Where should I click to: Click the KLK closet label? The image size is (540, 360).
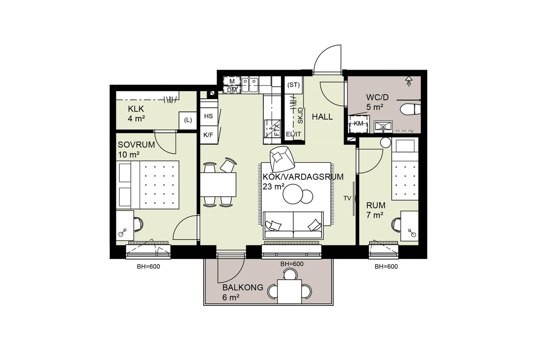coord(136,109)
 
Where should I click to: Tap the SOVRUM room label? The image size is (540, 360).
coord(136,145)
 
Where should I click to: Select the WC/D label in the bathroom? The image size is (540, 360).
coord(377,97)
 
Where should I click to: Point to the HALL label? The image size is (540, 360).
coord(322,117)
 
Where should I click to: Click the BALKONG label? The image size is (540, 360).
coord(243,287)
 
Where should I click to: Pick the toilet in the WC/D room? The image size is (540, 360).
coord(410,109)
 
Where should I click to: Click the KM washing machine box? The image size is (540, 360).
coord(358,124)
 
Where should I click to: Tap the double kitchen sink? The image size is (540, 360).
coord(250,85)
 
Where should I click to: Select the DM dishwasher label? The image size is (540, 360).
coord(232,90)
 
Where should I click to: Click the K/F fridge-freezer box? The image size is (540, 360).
coord(209,135)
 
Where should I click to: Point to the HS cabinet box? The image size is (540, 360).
coord(209,116)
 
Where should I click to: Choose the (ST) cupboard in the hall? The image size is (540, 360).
coord(293,85)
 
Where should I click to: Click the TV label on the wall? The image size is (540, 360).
coord(347,198)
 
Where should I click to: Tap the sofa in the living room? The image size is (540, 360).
coord(293,225)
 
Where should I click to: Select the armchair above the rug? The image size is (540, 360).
coord(282,159)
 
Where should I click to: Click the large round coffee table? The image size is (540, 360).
coord(293,194)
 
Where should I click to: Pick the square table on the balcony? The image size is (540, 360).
coord(289,291)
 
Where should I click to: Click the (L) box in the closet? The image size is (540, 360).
coord(188,120)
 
